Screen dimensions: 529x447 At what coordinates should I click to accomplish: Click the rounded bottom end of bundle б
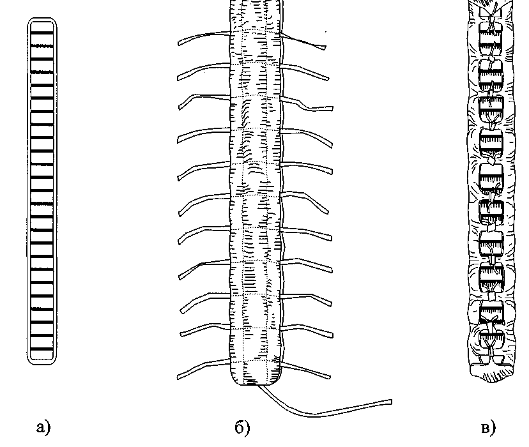click(254, 381)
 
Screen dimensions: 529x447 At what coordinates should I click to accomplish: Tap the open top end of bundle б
click(254, 5)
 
